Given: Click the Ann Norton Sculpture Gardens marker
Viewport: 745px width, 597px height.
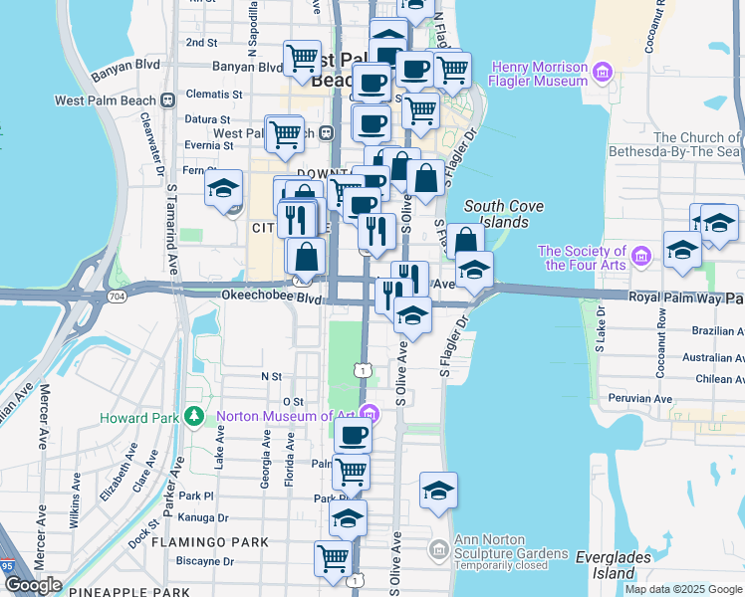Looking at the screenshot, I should [x=438, y=548].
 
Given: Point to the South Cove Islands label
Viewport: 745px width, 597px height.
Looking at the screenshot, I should [x=504, y=213].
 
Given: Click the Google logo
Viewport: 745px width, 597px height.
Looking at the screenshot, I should [x=33, y=585].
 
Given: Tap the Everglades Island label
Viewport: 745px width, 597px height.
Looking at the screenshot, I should [x=609, y=564].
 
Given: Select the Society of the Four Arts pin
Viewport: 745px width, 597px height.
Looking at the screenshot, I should [x=640, y=259].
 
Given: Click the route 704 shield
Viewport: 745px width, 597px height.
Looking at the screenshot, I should [x=116, y=296].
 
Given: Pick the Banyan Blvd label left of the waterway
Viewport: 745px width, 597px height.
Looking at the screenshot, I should [x=124, y=66].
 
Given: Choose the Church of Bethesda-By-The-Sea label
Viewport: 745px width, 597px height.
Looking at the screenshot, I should [x=697, y=144].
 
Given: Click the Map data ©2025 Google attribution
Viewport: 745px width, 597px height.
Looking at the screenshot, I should [x=683, y=589].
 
